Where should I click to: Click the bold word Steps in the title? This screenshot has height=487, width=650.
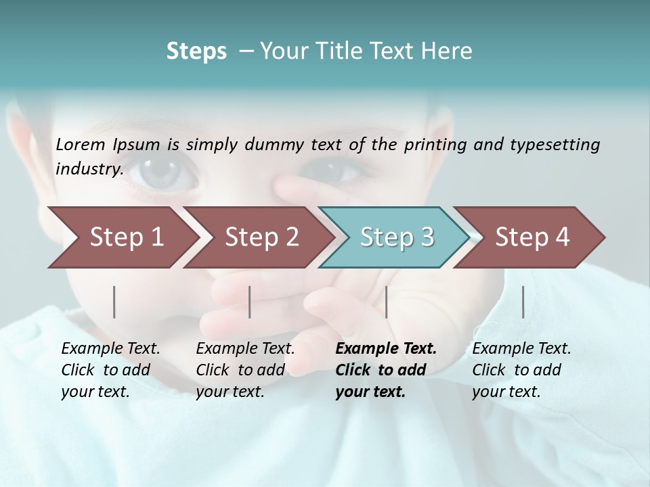click(196, 51)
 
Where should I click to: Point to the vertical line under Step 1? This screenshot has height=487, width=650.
click(114, 302)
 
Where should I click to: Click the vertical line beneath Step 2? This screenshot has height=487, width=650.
click(250, 302)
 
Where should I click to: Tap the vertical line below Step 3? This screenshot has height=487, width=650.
click(386, 302)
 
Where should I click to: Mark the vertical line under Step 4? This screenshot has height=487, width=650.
click(523, 302)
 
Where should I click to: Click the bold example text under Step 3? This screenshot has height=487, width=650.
click(385, 370)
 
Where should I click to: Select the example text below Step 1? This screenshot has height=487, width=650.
click(110, 370)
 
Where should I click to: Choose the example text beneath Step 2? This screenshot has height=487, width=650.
click(245, 370)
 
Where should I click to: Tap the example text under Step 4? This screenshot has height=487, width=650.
click(521, 370)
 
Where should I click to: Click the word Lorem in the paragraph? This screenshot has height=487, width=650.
click(80, 144)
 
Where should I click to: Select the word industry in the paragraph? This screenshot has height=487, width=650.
click(89, 168)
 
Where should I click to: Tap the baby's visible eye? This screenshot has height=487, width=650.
click(162, 170)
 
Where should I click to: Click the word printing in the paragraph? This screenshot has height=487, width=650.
click(435, 144)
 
